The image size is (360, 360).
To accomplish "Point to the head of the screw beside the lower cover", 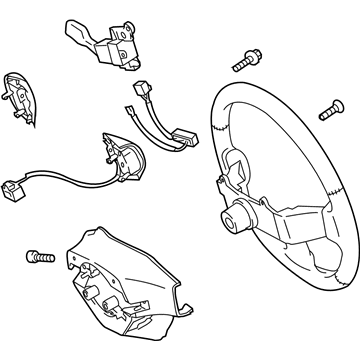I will (36, 257).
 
